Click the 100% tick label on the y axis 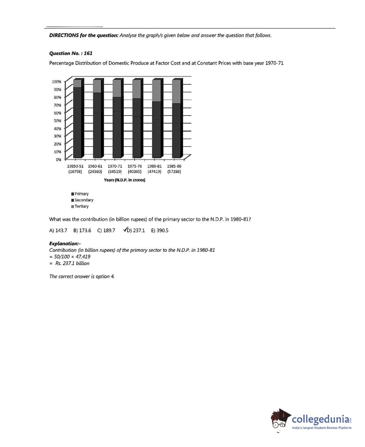(x=56, y=82)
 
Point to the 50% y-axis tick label (x=57, y=121)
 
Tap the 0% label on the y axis (x=58, y=160)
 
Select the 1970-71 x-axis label (x=115, y=166)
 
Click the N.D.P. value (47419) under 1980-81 (x=154, y=171)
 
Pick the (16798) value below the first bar (x=75, y=171)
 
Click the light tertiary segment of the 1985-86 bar (x=176, y=91)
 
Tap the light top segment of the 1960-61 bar (x=97, y=86)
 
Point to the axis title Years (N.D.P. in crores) (x=125, y=180)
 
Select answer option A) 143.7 (x=58, y=230)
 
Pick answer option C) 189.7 (x=106, y=230)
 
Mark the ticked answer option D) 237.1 (x=135, y=230)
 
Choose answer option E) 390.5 (x=160, y=230)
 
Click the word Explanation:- (x=65, y=243)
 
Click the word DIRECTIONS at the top (x=64, y=36)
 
